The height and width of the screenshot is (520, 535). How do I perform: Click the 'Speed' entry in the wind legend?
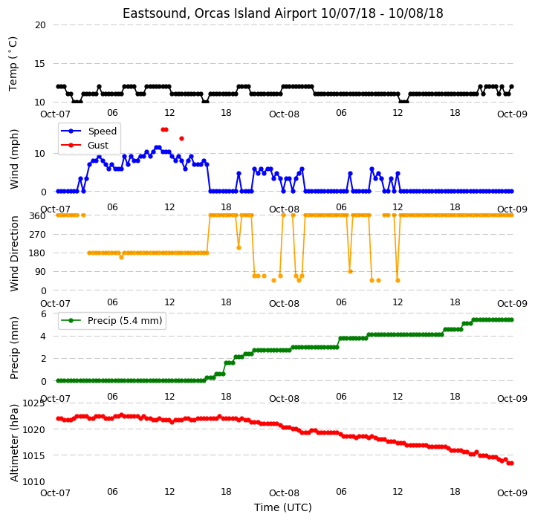[103, 131]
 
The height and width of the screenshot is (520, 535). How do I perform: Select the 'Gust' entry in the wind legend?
[98, 146]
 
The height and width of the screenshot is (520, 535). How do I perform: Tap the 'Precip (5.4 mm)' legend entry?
[125, 321]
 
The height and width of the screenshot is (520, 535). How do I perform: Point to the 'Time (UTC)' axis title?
[283, 507]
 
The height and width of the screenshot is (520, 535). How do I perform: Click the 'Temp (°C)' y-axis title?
[13, 64]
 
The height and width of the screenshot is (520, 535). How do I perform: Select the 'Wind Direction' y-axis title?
[14, 253]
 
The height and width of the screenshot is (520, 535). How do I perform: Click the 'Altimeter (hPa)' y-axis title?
[14, 443]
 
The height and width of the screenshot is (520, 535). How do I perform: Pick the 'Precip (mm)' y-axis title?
[14, 348]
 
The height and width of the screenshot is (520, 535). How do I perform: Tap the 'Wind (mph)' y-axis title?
[14, 159]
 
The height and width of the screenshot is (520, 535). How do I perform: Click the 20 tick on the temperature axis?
[40, 25]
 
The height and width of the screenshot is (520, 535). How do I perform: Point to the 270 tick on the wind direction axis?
[38, 235]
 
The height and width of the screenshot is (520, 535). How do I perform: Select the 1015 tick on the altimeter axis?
[33, 456]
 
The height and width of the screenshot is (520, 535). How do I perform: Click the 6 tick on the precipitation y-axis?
[43, 314]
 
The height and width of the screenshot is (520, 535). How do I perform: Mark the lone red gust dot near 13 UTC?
[181, 138]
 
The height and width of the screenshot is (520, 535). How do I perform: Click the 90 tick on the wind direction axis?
[40, 272]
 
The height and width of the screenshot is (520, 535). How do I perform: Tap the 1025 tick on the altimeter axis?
[33, 403]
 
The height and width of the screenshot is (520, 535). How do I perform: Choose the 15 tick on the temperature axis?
[40, 63]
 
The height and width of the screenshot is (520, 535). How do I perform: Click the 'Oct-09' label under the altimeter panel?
[512, 493]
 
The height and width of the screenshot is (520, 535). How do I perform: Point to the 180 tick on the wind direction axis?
[38, 253]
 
